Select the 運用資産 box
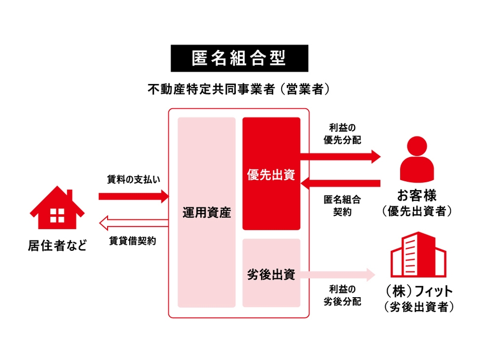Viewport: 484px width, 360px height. (206, 212)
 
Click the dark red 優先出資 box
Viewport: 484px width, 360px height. (271, 174)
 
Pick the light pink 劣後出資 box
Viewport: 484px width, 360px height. (271, 273)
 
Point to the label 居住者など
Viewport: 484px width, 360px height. (57, 245)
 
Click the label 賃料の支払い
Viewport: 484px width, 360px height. (134, 180)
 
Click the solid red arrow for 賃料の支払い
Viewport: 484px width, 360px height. (134, 196)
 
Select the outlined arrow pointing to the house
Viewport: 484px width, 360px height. (133, 223)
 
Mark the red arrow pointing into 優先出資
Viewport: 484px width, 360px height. (340, 183)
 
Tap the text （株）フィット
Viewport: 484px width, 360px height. (418, 290)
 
